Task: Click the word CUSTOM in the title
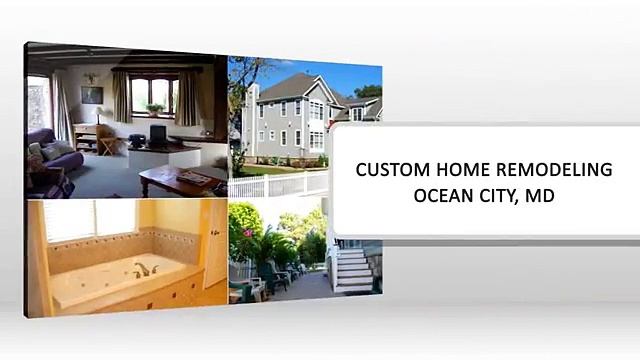click(393, 170)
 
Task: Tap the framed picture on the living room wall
click(92, 95)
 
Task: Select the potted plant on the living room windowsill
click(154, 109)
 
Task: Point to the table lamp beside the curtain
click(100, 114)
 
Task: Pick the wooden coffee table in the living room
click(177, 180)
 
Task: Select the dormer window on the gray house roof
click(357, 114)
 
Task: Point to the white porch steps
click(352, 270)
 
